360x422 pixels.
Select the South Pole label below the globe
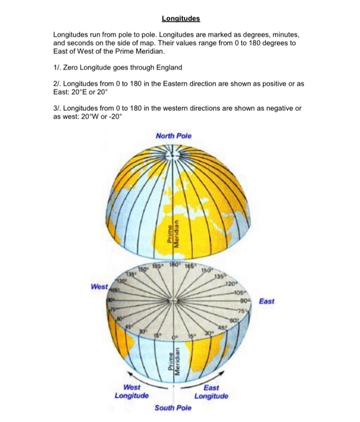(x=172, y=408)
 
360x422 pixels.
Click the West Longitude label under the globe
(x=132, y=391)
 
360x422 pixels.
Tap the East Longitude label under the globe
(x=212, y=392)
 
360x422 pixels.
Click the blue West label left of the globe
(x=99, y=288)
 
